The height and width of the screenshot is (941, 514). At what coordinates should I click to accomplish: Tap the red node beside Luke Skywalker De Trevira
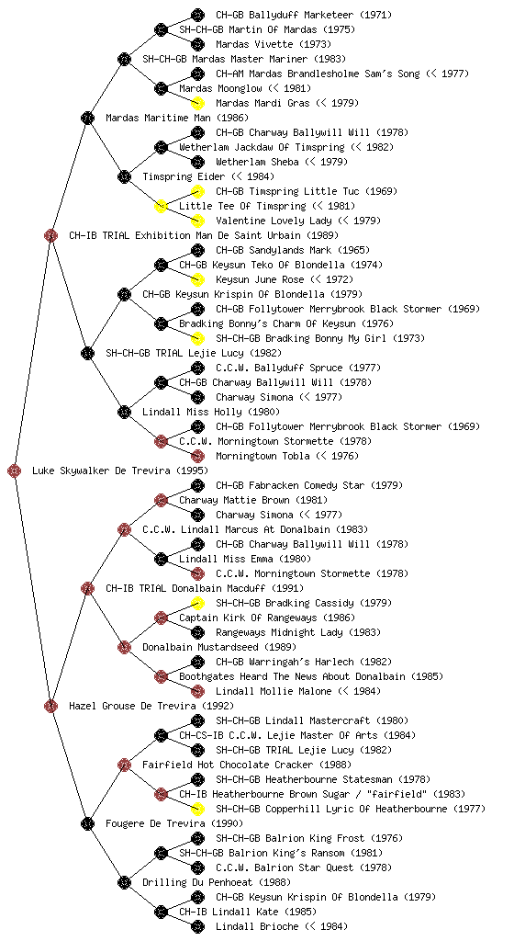coord(15,470)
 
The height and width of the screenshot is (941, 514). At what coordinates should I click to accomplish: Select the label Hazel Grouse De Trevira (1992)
coord(151,706)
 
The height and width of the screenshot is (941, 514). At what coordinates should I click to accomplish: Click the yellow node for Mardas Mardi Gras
coord(197,103)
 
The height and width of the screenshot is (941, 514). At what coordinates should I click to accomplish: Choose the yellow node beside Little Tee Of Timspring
coord(161,206)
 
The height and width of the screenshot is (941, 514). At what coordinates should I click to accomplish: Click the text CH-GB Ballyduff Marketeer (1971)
coord(304,15)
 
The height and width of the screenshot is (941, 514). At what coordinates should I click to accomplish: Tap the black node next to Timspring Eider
coord(124,176)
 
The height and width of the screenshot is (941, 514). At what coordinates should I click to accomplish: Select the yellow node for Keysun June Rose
coord(197,279)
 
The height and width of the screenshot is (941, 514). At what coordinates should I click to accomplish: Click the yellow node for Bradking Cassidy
coord(197,603)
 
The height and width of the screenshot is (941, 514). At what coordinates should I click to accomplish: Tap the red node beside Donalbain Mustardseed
coord(124,647)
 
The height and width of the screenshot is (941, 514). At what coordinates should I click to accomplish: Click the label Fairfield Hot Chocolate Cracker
coord(228,765)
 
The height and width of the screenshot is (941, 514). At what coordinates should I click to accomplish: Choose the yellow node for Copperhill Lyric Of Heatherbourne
coord(197,809)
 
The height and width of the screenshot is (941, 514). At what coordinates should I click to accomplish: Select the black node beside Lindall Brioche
coord(197,926)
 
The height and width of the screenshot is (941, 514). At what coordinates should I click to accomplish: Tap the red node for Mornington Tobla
coord(197,456)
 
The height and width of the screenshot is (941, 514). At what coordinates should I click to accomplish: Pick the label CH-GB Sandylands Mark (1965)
coord(293,250)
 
